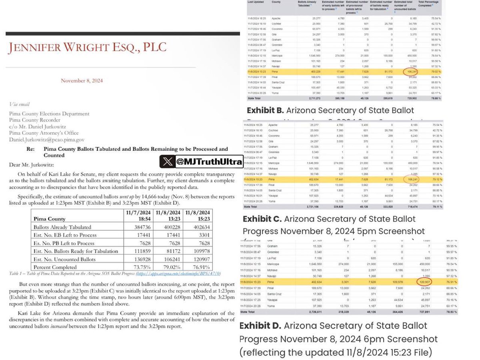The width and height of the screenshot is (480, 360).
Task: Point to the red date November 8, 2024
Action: click(x=82, y=80)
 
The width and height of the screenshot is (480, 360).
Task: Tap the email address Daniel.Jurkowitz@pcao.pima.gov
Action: click(x=47, y=140)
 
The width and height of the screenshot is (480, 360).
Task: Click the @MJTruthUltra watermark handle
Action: click(x=208, y=161)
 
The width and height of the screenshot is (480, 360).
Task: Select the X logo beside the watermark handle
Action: click(x=167, y=161)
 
